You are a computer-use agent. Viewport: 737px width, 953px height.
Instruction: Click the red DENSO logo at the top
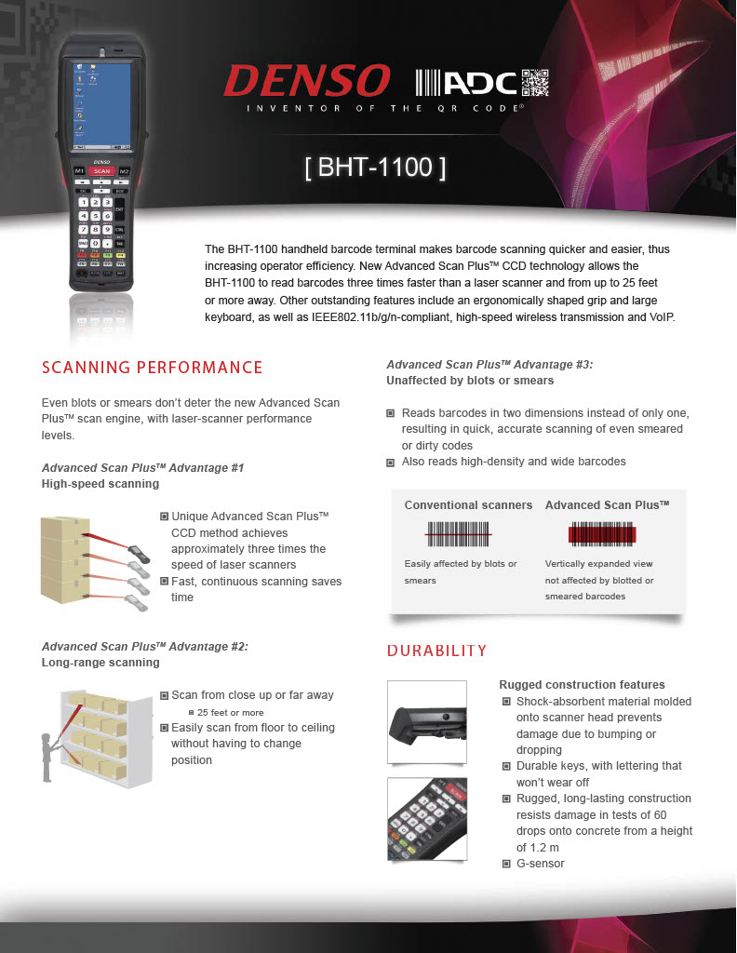coord(306,81)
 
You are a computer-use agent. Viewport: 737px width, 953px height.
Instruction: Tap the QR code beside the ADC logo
coord(535,83)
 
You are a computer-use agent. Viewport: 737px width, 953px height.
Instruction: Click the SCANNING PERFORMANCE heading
coord(153,367)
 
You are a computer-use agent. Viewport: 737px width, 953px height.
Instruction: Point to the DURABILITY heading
coord(436,650)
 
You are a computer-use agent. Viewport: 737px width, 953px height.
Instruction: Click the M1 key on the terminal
coord(79,171)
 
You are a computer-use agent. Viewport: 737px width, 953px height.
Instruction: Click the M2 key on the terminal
coord(124,171)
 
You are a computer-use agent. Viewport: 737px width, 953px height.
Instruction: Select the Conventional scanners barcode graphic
coord(458,533)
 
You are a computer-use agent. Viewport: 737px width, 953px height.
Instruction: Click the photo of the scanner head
coord(426,721)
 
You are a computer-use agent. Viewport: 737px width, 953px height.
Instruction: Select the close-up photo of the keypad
coord(426,818)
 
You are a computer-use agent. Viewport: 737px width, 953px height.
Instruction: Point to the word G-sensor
coord(540,864)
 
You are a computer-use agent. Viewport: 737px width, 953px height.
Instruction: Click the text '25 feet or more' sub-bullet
coord(231,712)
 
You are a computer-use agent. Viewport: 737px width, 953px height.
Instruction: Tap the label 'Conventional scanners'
coord(468,505)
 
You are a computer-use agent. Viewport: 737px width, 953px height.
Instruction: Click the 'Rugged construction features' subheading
coord(582,685)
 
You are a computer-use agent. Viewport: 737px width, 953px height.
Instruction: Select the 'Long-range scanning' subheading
coord(100,663)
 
